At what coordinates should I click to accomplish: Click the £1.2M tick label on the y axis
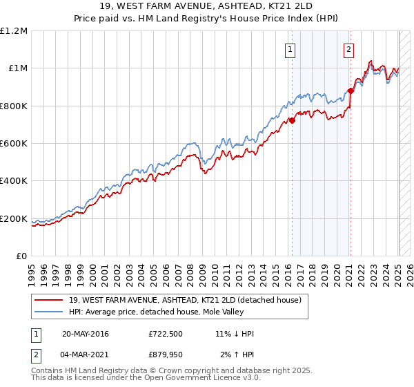14,31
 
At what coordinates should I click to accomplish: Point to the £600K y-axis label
14,144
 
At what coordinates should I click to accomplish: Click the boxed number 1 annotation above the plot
290,49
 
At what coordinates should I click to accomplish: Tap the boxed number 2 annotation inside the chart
349,49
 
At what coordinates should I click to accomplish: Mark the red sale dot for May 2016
292,120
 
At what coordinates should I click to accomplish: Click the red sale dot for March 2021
351,91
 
